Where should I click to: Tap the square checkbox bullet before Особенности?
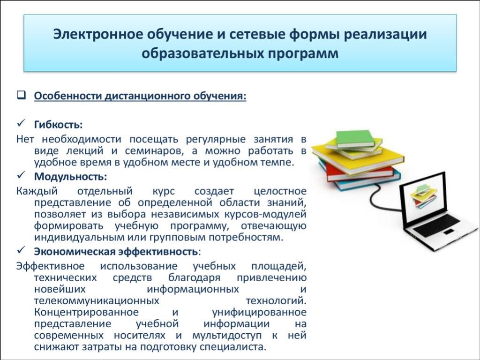pos(21,95)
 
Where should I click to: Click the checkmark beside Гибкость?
pos(21,124)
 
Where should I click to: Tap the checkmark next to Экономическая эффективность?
pos(21,250)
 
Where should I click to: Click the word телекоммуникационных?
pos(97,300)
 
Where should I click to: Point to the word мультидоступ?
pos(227,336)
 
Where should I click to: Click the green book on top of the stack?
pos(355,138)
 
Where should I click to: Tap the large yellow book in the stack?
pos(357,157)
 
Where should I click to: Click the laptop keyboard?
pos(436,225)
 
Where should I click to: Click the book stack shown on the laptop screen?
pos(424,195)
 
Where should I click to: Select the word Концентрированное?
pos(86,312)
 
